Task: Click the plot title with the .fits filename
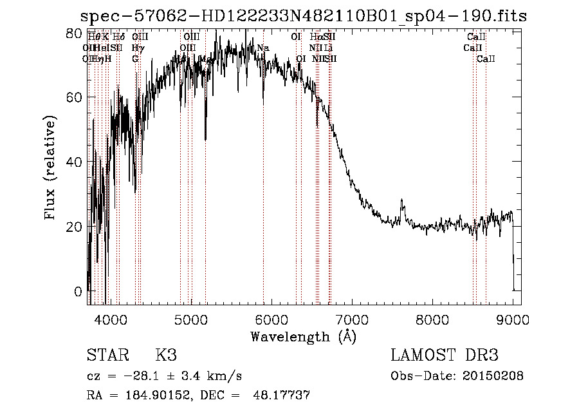pyautogui.click(x=303, y=17)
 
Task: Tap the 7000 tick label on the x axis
pyautogui.click(x=352, y=318)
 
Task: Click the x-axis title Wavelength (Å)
pyautogui.click(x=303, y=336)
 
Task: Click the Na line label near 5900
pyautogui.click(x=262, y=48)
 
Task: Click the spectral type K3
pyautogui.click(x=165, y=356)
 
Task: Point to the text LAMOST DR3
pyautogui.click(x=445, y=356)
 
